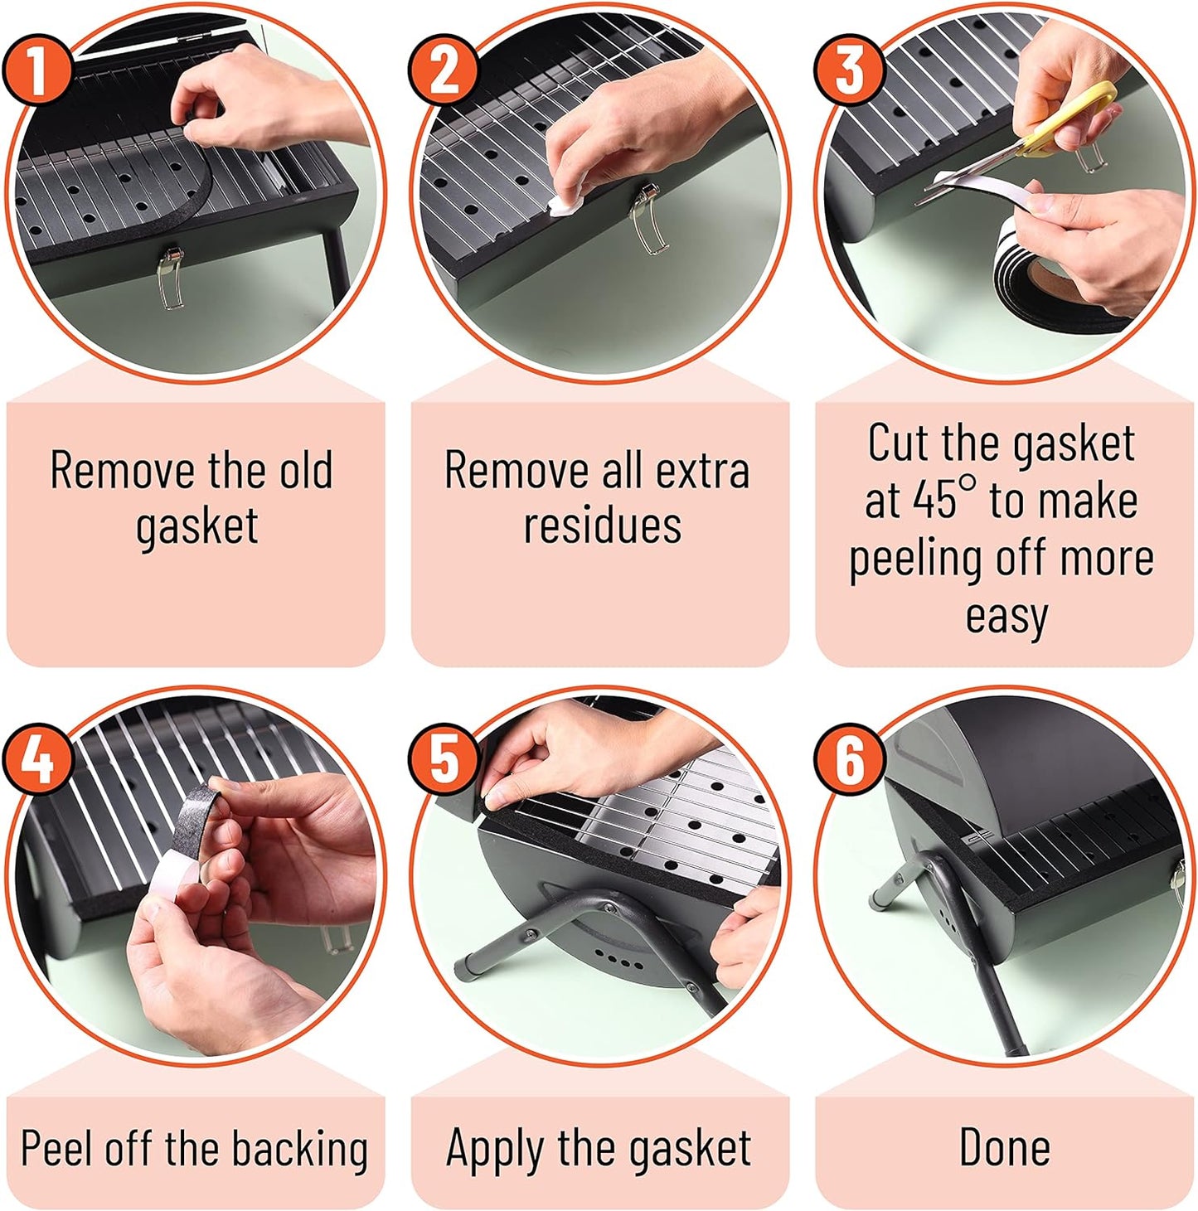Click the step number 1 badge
[x=38, y=70]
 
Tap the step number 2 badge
[x=444, y=70]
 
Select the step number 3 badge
[x=849, y=70]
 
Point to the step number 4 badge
[x=38, y=759]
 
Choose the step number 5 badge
[x=444, y=759]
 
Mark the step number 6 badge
[x=849, y=759]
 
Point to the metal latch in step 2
[x=646, y=220]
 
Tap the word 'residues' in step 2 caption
[x=602, y=526]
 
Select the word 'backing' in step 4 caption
[x=299, y=1149]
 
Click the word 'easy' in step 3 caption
[x=1006, y=617]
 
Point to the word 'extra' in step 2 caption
[x=702, y=471]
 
